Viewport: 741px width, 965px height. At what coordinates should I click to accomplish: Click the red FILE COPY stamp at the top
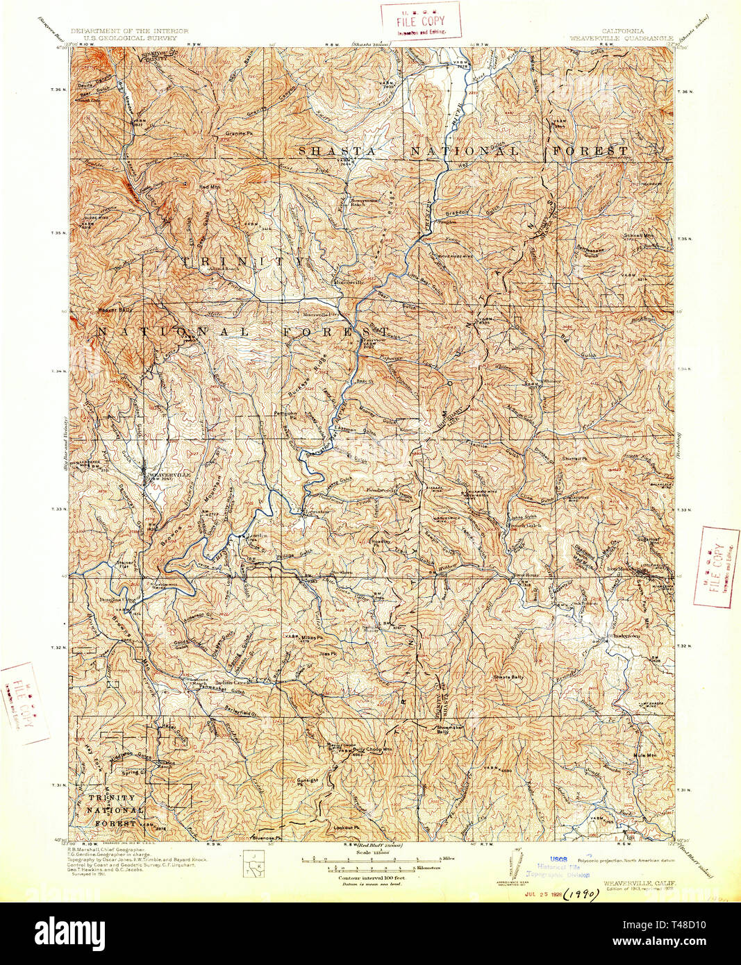420,19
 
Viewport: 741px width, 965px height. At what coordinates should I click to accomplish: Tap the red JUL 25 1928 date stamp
540,896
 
